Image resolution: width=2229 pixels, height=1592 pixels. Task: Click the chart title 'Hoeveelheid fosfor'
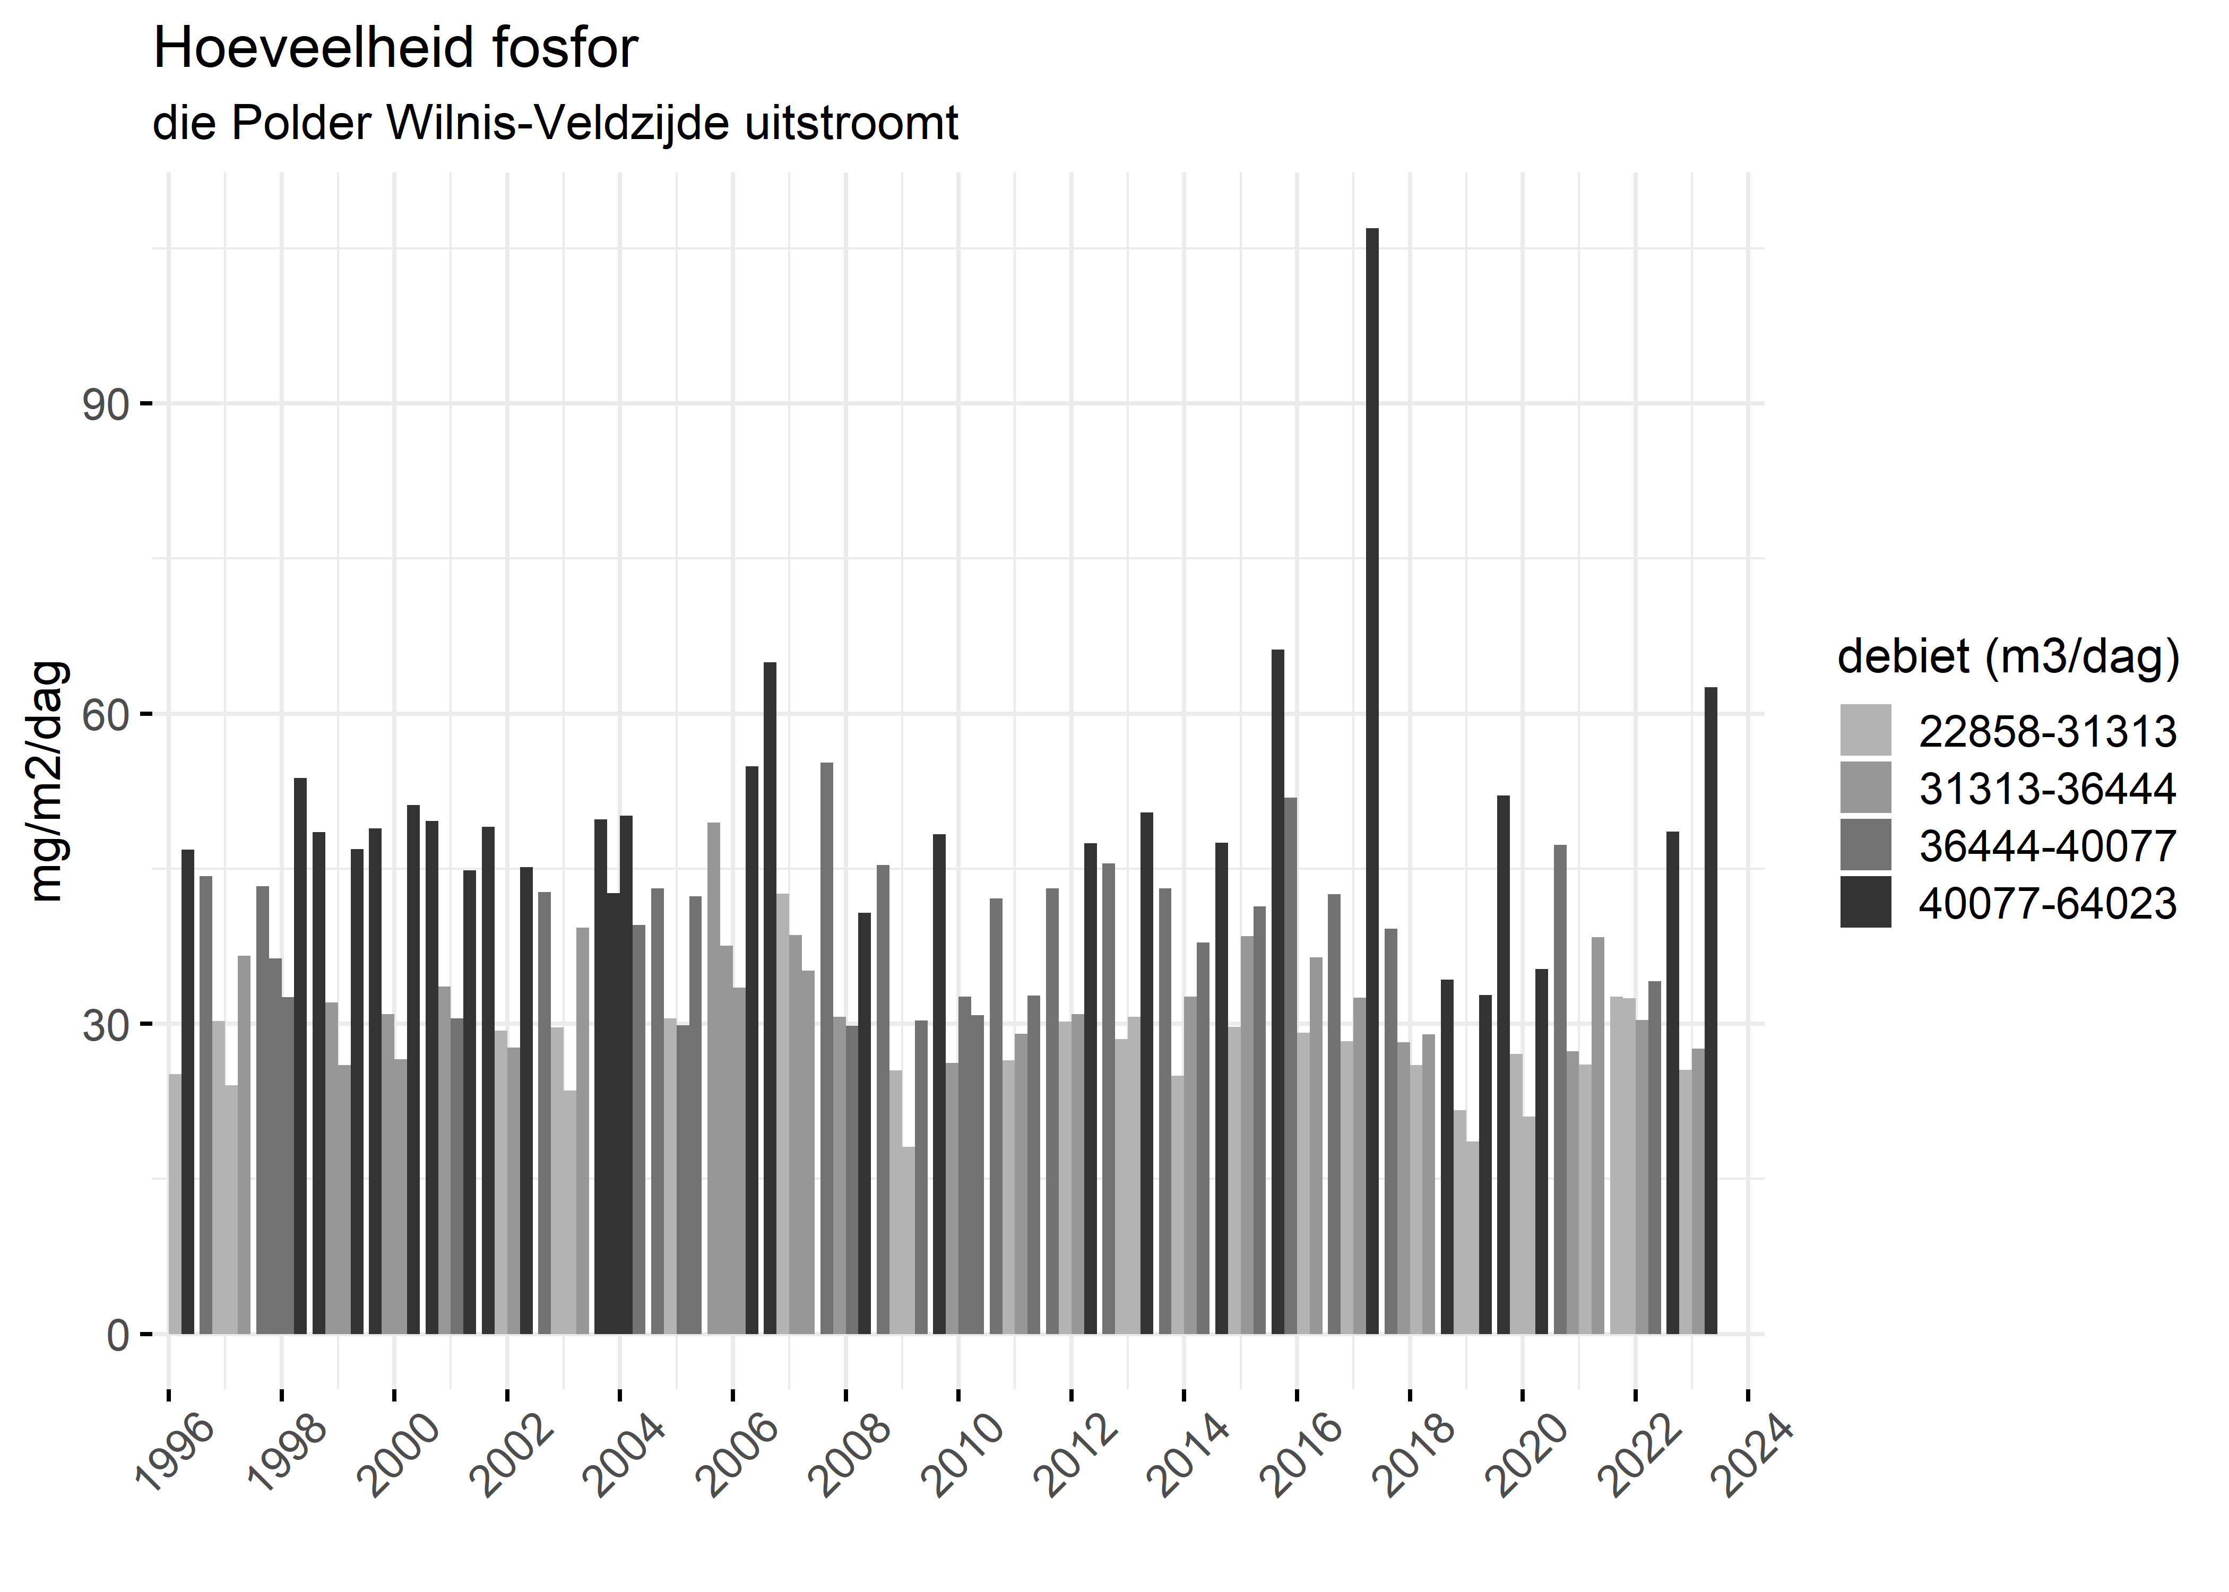pyautogui.click(x=395, y=49)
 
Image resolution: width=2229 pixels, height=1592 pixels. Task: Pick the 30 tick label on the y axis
pyautogui.click(x=106, y=1025)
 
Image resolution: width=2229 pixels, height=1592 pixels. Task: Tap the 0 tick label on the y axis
pyautogui.click(x=118, y=1335)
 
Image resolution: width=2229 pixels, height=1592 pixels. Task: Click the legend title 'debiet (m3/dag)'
pyautogui.click(x=2008, y=657)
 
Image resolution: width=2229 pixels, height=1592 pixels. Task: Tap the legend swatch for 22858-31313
pyautogui.click(x=1865, y=730)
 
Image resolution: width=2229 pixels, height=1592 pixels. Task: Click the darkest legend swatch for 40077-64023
pyautogui.click(x=1865, y=903)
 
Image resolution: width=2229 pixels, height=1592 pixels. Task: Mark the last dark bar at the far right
pyautogui.click(x=1710, y=1010)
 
